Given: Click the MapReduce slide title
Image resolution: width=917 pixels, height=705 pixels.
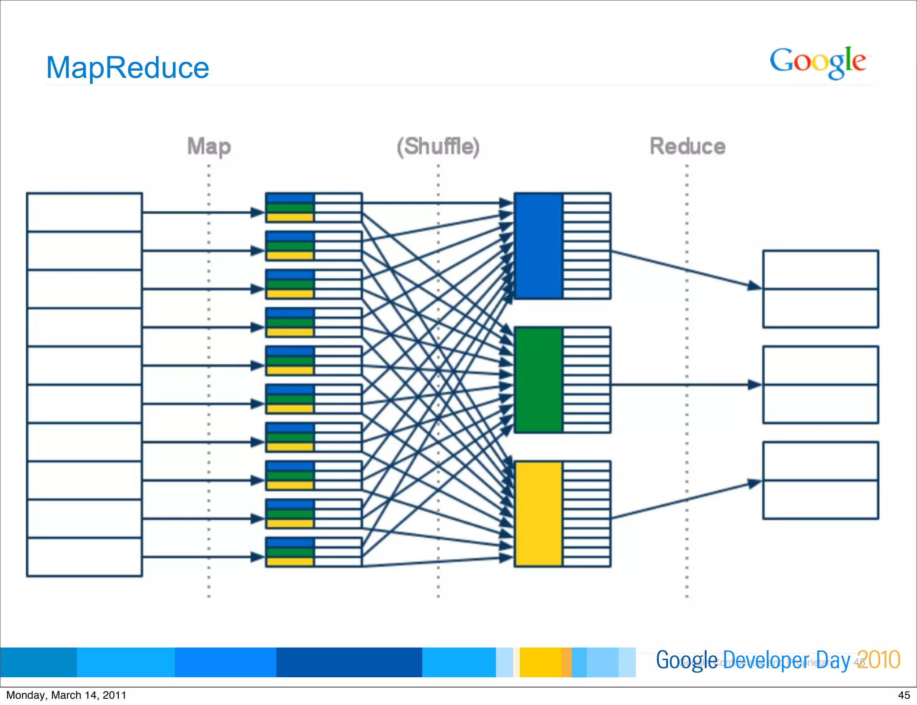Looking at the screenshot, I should coord(128,68).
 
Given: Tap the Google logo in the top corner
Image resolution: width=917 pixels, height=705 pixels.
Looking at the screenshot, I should coord(818,62).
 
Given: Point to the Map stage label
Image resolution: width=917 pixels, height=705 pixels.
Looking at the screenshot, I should coord(209,146).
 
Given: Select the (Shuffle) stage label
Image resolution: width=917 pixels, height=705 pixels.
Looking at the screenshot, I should coord(438,146).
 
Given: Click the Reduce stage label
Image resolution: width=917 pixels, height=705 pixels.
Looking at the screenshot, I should coord(687,146).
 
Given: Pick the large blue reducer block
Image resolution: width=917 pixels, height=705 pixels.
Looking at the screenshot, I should coord(538,246).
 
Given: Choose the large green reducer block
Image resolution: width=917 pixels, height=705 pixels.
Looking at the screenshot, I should coord(538,379).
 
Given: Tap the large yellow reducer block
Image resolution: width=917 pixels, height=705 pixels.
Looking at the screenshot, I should coord(538,514).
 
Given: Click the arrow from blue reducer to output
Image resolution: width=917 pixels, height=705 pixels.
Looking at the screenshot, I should coord(685,268).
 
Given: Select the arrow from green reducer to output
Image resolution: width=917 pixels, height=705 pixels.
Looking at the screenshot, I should coord(685,384).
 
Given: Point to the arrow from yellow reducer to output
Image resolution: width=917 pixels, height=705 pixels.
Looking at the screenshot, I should coord(685,500).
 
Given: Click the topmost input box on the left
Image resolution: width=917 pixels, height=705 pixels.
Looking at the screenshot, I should coord(84,212).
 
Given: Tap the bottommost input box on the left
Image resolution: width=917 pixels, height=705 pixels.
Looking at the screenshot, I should coord(84,557).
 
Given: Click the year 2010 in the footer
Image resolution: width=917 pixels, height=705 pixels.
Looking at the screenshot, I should coord(878,660).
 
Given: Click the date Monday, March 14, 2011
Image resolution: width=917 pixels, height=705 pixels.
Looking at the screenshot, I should coord(66,695).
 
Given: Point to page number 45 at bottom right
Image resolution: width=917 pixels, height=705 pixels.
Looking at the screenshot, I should coord(904,695).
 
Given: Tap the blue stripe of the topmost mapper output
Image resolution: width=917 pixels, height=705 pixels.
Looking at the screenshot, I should coord(290,198).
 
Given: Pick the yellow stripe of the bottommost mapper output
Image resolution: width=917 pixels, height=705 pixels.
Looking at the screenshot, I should coord(290,562).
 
